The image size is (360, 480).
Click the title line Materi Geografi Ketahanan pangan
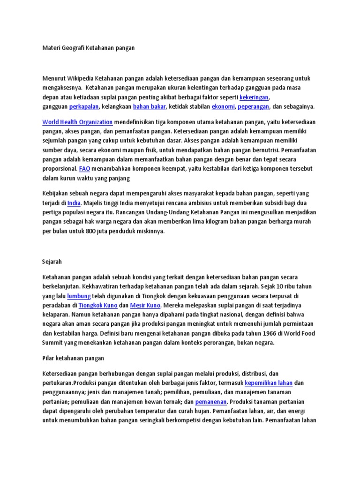[x=89, y=48]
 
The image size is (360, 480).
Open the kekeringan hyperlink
[x=254, y=97]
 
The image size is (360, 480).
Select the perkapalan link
[x=84, y=107]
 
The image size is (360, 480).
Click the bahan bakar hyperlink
[x=150, y=107]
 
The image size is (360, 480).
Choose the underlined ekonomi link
[x=223, y=107]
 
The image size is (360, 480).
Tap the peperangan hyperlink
[x=253, y=107]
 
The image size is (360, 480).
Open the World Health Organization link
[x=77, y=122]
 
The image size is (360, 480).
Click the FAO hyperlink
[x=85, y=168]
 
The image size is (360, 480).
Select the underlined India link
[x=74, y=203]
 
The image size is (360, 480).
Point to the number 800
[x=91, y=232]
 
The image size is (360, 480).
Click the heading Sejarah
[x=52, y=262]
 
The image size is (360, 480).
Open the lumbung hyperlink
[x=79, y=296]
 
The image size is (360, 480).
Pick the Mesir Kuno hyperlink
[x=146, y=305]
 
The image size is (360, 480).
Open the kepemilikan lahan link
[x=269, y=383]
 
